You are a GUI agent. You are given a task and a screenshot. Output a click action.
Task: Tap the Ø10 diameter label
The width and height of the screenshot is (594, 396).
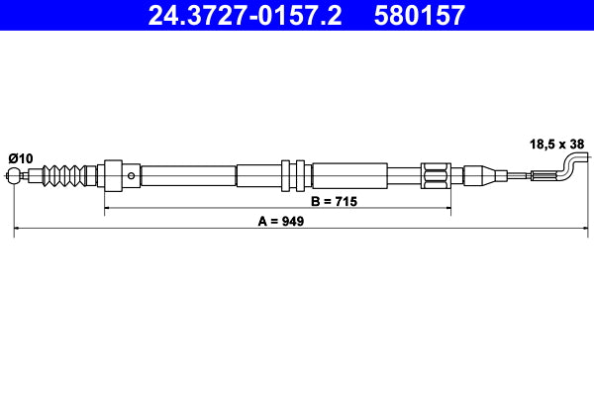(x=21, y=158)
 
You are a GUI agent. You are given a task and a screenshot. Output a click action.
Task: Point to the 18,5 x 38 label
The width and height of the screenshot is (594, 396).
(x=555, y=144)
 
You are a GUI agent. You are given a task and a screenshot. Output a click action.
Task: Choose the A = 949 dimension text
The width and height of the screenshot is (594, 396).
(x=279, y=222)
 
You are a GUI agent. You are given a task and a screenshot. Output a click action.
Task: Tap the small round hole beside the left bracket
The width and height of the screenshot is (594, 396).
(x=132, y=176)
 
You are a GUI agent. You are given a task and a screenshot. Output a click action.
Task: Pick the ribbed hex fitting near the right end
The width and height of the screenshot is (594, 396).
(x=437, y=176)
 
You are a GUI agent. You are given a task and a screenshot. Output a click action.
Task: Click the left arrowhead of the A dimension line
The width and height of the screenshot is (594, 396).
(x=18, y=230)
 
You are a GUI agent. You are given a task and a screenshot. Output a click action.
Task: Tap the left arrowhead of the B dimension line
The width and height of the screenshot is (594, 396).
(x=108, y=210)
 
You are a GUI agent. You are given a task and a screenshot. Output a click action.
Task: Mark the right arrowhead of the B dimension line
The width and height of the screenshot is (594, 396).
(x=448, y=210)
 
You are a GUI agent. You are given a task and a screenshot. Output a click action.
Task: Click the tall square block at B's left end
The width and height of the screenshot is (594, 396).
(x=112, y=176)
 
